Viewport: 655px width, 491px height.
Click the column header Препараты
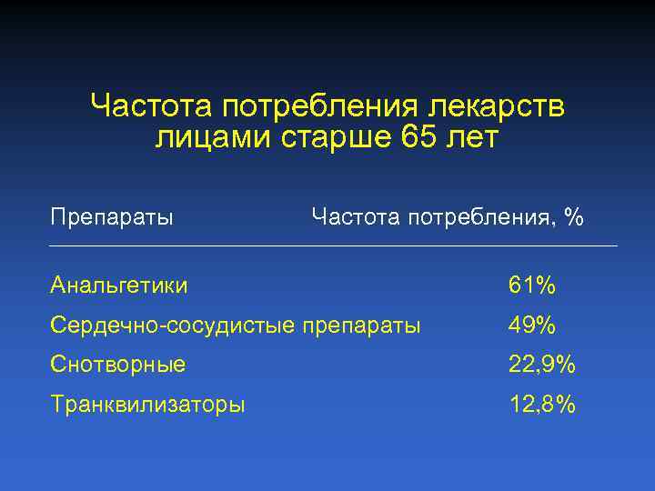pos(113,218)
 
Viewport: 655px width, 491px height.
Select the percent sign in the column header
pos(573,217)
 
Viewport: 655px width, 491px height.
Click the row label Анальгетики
pos(119,286)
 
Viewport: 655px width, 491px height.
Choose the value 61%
pos(532,286)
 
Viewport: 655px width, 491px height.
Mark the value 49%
pos(532,325)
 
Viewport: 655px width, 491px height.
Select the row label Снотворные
pos(118,365)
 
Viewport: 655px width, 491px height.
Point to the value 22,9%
pos(542,366)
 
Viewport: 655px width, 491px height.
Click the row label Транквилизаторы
pos(147,405)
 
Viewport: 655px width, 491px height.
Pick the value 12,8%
pos(542,405)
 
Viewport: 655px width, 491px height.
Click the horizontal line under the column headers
pos(333,245)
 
